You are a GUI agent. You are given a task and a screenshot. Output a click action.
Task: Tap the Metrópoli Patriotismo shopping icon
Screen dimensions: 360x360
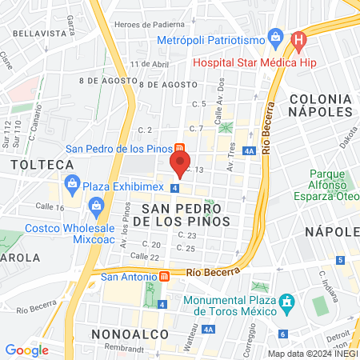coord(277,36)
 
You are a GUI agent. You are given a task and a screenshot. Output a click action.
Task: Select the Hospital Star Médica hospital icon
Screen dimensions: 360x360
coord(299,38)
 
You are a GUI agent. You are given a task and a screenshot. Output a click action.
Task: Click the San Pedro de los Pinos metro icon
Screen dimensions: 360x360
coord(180,149)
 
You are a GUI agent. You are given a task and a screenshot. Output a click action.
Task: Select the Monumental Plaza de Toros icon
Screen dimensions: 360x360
coord(288,302)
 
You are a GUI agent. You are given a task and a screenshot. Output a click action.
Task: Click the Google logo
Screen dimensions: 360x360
coord(26,350)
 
